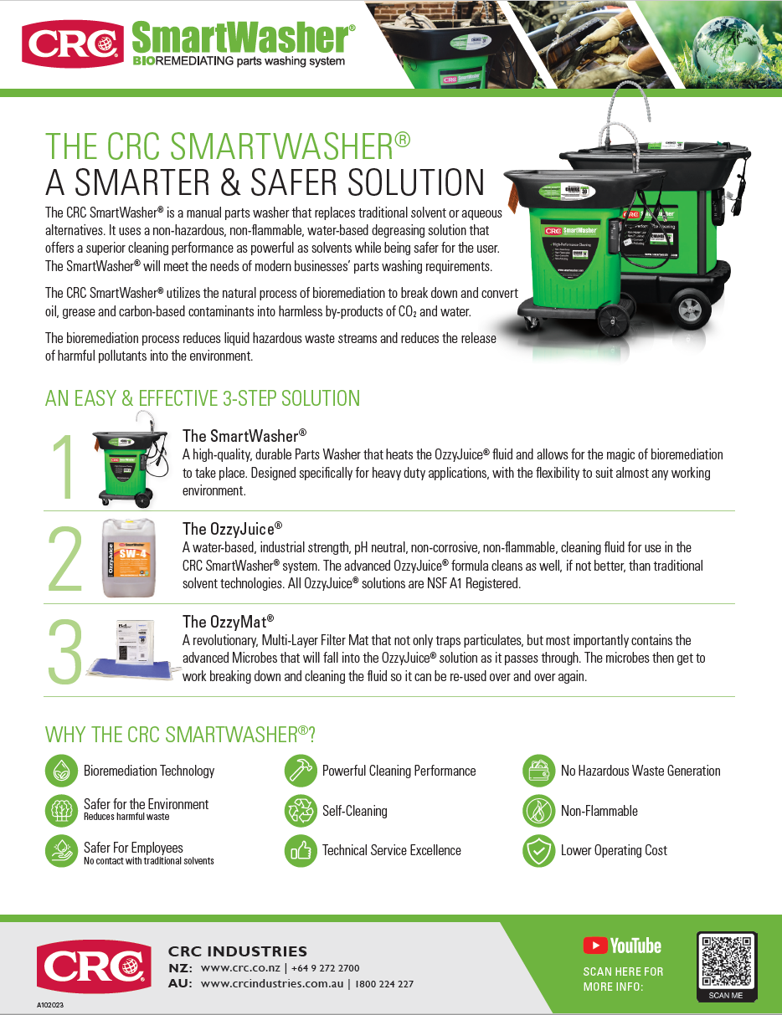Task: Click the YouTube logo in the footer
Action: (x=622, y=946)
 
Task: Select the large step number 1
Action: (x=64, y=467)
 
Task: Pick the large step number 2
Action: (x=65, y=559)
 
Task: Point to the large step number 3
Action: (x=65, y=653)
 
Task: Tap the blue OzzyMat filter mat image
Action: (x=132, y=665)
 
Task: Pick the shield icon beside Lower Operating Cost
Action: (x=538, y=851)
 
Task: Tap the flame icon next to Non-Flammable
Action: (x=538, y=811)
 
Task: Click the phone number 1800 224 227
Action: (x=383, y=984)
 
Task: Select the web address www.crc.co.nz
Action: (x=239, y=968)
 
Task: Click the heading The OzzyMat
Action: (x=228, y=622)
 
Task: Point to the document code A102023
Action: (x=50, y=1004)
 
